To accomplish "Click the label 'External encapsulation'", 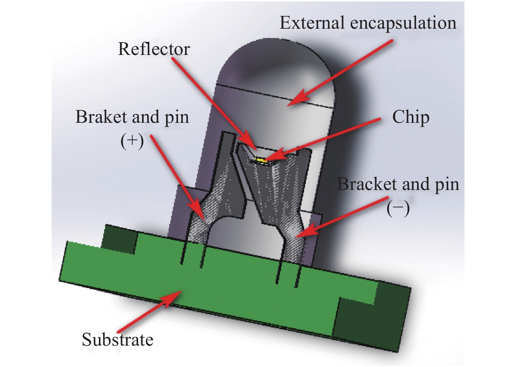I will pos(368,23).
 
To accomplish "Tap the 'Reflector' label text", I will pos(154,49).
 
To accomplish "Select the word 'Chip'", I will pos(411,117).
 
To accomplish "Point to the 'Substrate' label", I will pos(117,340).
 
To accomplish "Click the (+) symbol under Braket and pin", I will pos(132,141).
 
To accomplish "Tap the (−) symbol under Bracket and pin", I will pos(398,209).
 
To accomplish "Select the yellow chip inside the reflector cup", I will pos(260,160).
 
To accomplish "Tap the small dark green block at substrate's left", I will pos(119,239).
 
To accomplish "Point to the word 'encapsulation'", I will pos(403,23).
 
